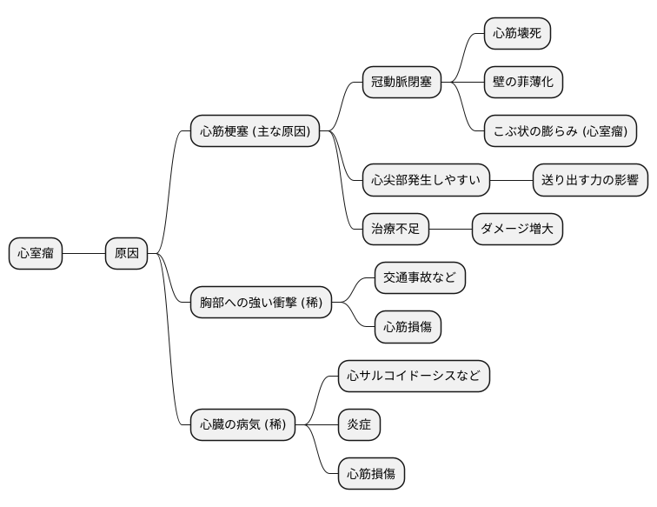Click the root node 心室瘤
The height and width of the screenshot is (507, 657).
36,253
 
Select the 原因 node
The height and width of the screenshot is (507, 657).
127,253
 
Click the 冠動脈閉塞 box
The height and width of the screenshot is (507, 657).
401,83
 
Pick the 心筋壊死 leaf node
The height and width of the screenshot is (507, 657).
517,34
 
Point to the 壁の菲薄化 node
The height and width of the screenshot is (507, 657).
523,83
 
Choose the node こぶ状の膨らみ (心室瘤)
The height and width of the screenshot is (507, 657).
560,131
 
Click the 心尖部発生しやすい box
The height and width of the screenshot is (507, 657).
426,181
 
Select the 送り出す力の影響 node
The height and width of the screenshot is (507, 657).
590,181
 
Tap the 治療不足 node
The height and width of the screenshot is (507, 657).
395,230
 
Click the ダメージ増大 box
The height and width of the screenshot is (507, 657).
517,230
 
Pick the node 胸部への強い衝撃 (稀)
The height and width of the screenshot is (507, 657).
261,303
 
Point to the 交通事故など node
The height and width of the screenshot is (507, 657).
420,278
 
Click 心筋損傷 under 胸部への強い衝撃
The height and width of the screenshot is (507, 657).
408,328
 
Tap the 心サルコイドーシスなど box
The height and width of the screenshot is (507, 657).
414,377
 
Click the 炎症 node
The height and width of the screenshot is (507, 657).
359,425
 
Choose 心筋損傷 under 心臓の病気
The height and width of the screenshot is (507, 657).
371,474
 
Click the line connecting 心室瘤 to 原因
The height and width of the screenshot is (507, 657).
83,253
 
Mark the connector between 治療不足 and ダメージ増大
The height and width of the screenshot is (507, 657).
450,230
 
